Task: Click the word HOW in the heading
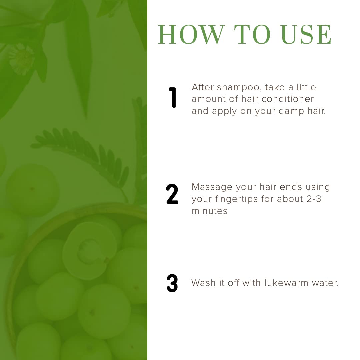[191, 34]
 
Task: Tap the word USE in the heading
[306, 34]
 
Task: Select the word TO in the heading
[252, 34]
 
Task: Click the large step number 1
[172, 97]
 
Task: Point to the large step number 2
[172, 194]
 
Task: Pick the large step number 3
[172, 283]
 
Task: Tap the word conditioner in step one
[287, 99]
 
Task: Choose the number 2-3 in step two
[314, 199]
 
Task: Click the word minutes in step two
[209, 211]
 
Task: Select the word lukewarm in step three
[286, 283]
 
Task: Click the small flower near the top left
[22, 59]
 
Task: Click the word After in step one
[203, 87]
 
